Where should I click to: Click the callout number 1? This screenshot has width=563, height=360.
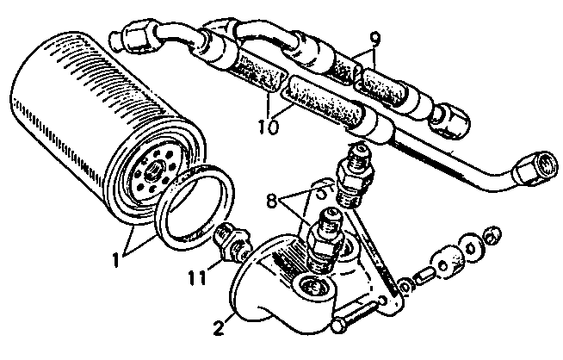115,260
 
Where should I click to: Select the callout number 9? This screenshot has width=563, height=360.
374,39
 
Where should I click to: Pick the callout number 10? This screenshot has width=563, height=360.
269,127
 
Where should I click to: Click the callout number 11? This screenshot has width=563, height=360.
197,277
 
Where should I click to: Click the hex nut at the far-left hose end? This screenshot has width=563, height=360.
135,34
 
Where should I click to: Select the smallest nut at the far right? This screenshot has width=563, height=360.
492,235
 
